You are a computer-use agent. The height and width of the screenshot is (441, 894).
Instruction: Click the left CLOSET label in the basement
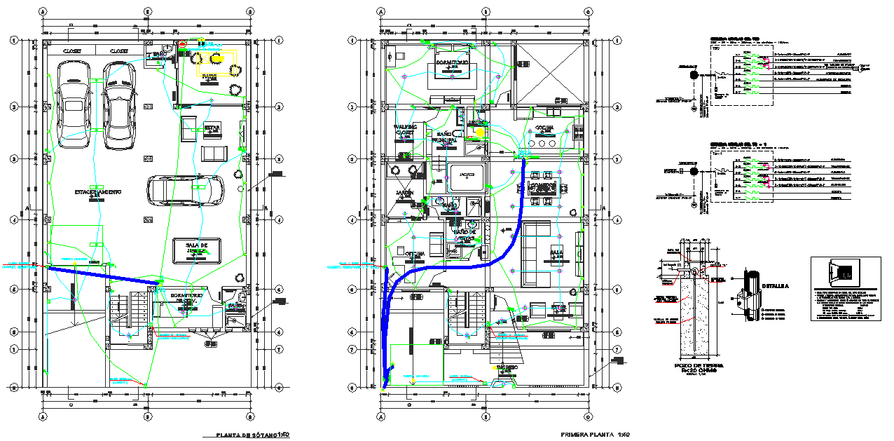(x=73, y=51)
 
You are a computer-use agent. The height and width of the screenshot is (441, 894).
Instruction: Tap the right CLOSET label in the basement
(x=118, y=51)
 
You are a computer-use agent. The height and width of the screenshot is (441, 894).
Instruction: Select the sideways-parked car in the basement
(x=186, y=189)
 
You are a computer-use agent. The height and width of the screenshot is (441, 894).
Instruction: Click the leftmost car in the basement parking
(x=73, y=104)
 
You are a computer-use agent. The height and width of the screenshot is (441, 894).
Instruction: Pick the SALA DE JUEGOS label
(x=197, y=247)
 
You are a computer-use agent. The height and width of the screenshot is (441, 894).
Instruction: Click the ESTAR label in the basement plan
(x=212, y=128)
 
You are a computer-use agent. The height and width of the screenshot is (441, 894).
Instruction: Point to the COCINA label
(x=544, y=128)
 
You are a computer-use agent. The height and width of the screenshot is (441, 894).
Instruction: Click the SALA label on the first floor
(x=556, y=252)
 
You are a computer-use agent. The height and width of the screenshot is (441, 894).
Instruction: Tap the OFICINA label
(x=416, y=254)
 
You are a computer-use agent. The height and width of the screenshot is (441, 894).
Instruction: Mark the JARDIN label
(x=404, y=192)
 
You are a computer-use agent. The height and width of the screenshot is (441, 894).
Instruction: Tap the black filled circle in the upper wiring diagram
(x=694, y=75)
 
